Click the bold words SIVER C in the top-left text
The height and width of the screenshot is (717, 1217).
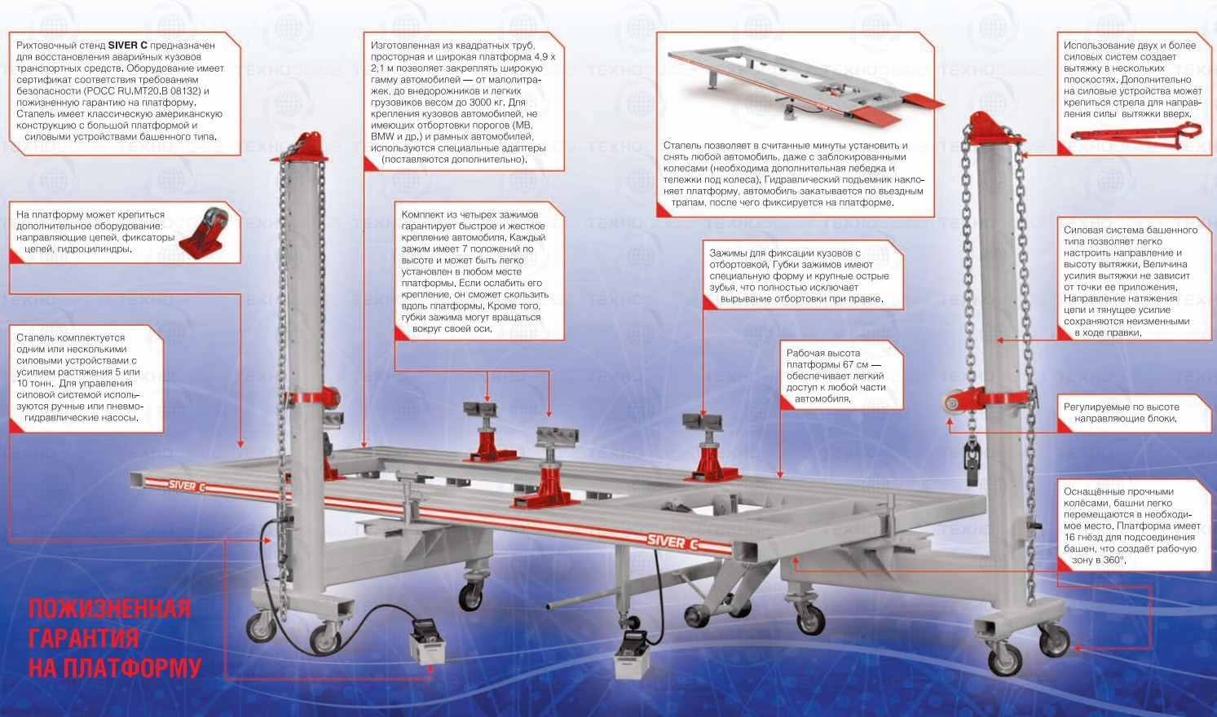(x=126, y=46)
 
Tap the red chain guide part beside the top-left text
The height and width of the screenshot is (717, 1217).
(x=201, y=235)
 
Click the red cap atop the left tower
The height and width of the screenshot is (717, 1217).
(x=306, y=148)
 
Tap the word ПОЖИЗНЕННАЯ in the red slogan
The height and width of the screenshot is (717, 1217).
(x=109, y=609)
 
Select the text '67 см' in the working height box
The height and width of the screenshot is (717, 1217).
(x=856, y=364)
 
